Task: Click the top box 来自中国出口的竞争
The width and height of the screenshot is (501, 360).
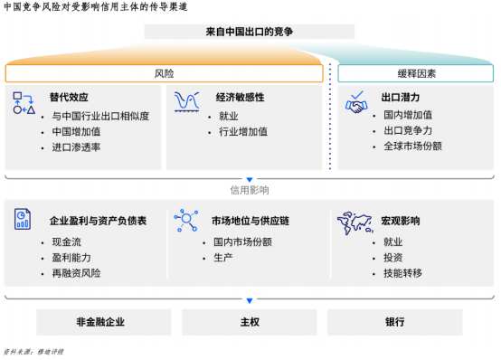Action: pos(250,32)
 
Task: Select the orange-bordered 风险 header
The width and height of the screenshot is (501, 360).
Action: pos(164,73)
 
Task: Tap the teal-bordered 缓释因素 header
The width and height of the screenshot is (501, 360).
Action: pos(416,73)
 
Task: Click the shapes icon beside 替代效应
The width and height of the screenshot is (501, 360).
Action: pos(24,103)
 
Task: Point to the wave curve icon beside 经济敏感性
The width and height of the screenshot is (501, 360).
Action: pos(187,102)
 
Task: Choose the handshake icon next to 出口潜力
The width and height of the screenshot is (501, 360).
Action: pos(356,102)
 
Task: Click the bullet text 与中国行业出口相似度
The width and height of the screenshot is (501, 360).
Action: pos(100,116)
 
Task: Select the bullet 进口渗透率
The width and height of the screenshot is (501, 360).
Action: pos(76,147)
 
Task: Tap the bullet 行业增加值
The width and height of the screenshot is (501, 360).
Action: pos(243,131)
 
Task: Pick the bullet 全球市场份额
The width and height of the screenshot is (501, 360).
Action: pos(412,147)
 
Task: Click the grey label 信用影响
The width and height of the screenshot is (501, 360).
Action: pos(250,190)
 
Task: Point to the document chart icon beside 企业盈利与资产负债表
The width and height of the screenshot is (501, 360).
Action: pos(23,219)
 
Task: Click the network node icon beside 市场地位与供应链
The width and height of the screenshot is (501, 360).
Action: pos(186,220)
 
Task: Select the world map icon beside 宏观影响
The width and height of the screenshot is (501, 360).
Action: pos(355,223)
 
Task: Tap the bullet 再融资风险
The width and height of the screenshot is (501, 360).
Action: pos(76,273)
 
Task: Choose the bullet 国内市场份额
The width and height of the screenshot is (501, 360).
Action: pos(242,242)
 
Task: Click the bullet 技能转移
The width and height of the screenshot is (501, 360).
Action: pos(402,273)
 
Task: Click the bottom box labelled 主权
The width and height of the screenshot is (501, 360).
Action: pos(250,322)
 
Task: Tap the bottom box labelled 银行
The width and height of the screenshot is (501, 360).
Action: pos(395,322)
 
